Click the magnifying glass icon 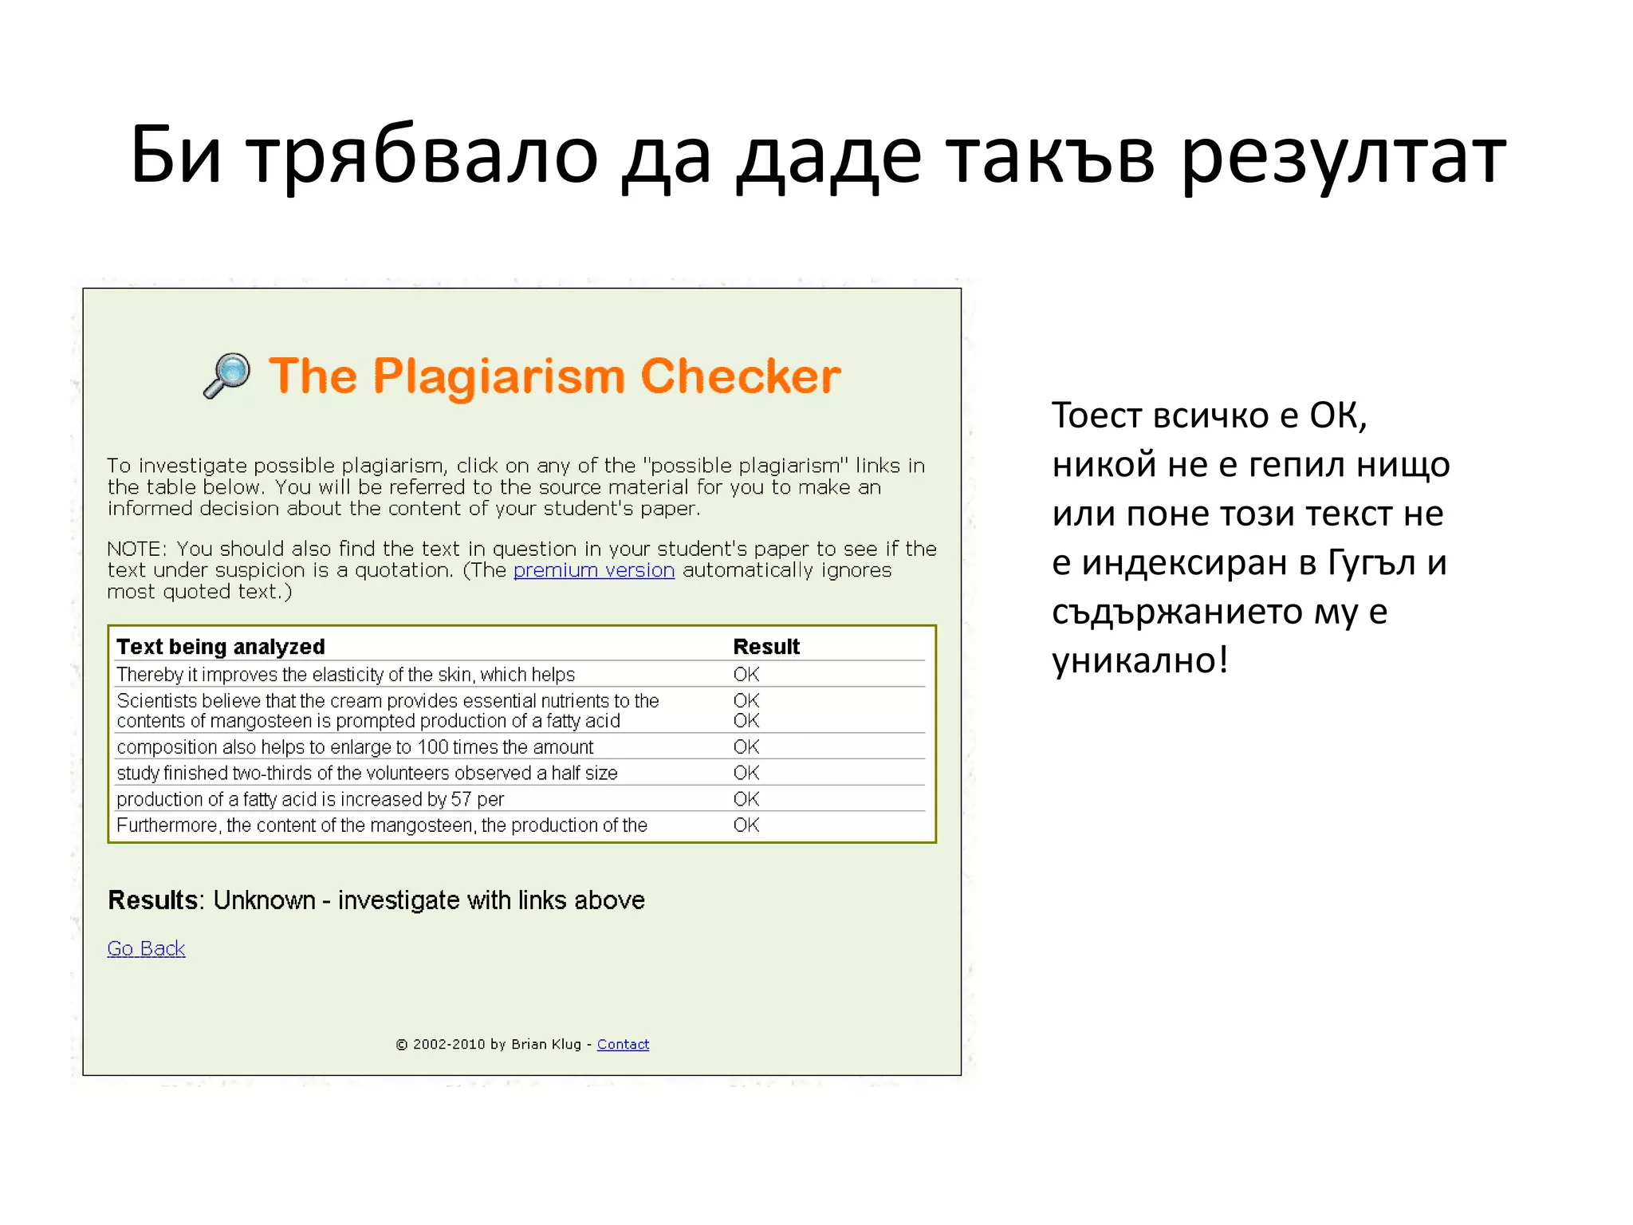(x=228, y=375)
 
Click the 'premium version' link (x=594, y=570)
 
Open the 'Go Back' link (x=146, y=948)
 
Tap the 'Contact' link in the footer (x=623, y=1044)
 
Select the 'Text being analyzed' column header (x=221, y=646)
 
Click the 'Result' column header (x=765, y=646)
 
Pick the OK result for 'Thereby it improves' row (x=746, y=675)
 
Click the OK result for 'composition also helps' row (x=746, y=747)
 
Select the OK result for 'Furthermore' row (x=746, y=825)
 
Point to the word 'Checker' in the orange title (x=740, y=376)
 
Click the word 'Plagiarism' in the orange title (x=499, y=376)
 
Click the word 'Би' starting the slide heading (x=175, y=156)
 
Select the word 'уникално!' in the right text (x=1139, y=661)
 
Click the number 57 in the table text (x=461, y=799)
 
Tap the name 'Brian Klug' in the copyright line (x=546, y=1044)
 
